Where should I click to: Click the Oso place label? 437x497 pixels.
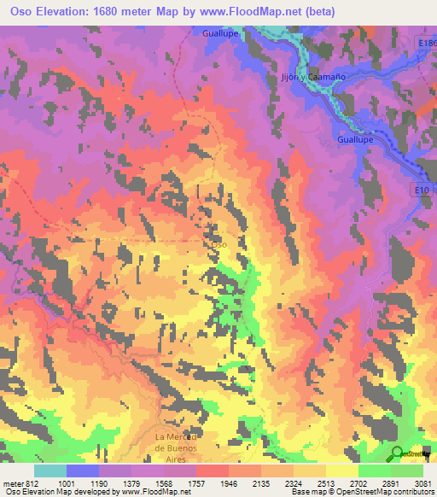pyautogui.click(x=219, y=244)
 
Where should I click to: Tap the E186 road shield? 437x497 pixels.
pyautogui.click(x=428, y=42)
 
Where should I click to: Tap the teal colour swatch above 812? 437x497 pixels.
pyautogui.click(x=50, y=471)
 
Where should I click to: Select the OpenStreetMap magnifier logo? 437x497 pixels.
pyautogui.click(x=398, y=453)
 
